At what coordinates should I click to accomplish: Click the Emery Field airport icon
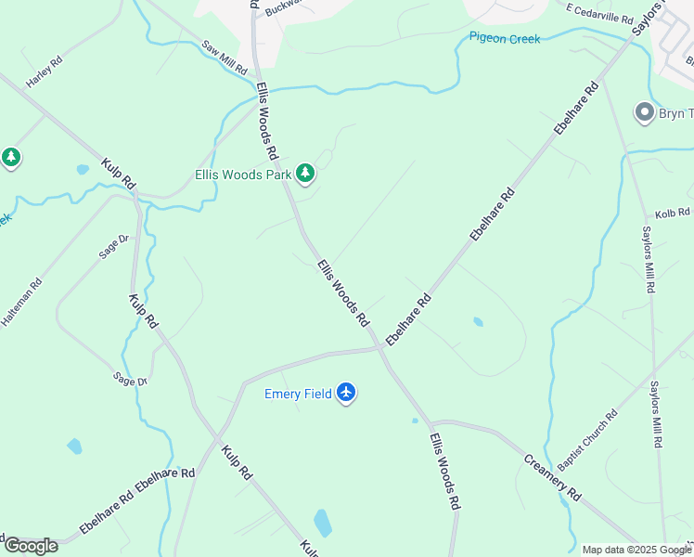pos(347,393)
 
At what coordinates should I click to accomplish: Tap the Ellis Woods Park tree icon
pos(305,174)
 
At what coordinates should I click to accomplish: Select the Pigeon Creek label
pos(504,39)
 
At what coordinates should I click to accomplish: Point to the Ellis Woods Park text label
pos(243,175)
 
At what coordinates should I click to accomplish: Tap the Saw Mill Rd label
pos(225,58)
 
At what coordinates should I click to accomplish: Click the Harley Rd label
pos(44,72)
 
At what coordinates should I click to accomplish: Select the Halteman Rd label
pos(21,303)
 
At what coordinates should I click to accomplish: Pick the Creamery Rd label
pos(552,477)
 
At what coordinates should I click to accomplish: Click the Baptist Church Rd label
pos(587,440)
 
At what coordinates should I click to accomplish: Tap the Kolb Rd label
pos(674,214)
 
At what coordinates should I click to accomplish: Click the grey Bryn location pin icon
pos(645,113)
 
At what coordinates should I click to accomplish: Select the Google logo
pos(31,546)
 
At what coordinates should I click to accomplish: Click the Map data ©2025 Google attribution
pos(636,550)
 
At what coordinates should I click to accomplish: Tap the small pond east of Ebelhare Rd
pos(478,322)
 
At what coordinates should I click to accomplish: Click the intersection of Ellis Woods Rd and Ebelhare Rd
pos(380,348)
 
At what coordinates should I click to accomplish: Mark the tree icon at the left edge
pos(11,158)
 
